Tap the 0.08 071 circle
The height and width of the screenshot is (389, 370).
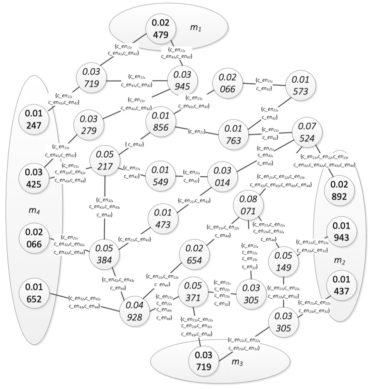pos(248,205)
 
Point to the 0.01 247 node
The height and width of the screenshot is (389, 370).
pos(34,120)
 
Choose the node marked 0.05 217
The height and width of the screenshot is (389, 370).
pos(105,161)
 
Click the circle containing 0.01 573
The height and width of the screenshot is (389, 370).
pos(300,86)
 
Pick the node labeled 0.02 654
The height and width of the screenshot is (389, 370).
pos(197,255)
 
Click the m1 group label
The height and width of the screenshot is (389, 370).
pos(196,27)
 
